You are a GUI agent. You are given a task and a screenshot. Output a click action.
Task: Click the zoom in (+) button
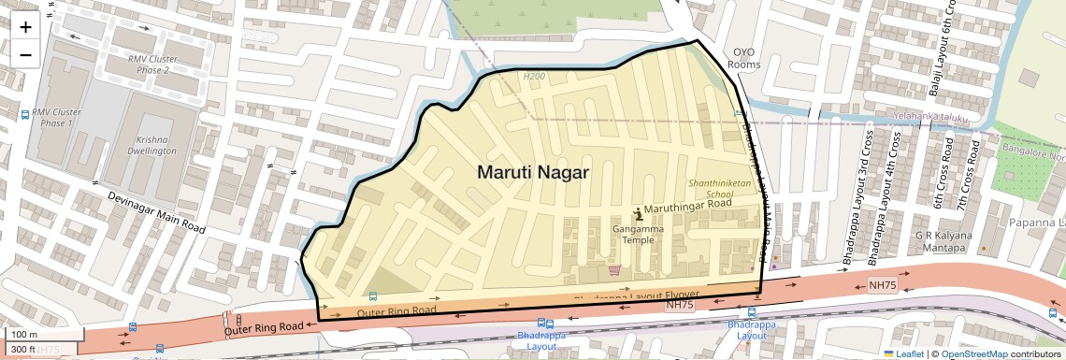pos(25,27)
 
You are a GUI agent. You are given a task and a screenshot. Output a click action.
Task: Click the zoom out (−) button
pos(25,54)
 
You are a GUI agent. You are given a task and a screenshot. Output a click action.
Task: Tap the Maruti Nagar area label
pos(533,172)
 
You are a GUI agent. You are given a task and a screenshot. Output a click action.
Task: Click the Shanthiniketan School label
pos(720,189)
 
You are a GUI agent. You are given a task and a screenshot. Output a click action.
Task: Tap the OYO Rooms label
pos(744,58)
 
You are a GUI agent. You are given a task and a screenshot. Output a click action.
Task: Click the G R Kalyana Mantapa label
pos(944,241)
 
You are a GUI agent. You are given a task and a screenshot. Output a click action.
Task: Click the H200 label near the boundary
pos(534,76)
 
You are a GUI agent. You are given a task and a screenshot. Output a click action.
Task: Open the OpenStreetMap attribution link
pos(973,353)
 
